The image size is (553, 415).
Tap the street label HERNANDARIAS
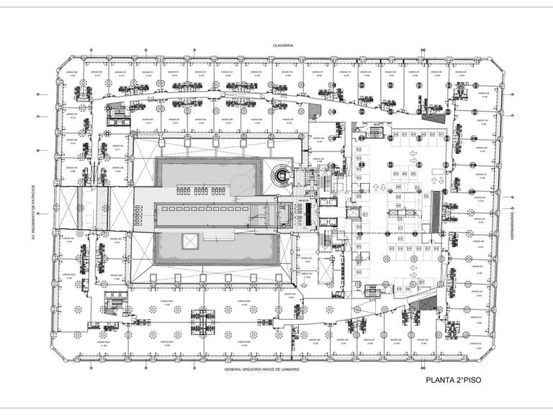pyautogui.click(x=512, y=219)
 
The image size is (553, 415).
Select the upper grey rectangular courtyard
pyautogui.click(x=205, y=176)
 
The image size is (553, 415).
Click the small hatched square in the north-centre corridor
pyautogui.click(x=313, y=110)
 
